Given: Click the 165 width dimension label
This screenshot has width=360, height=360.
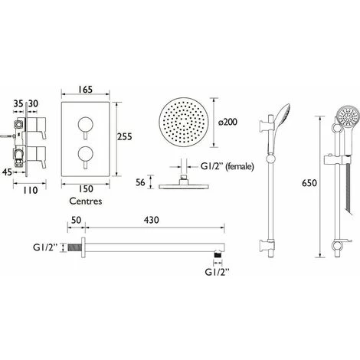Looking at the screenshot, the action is tap(85, 90).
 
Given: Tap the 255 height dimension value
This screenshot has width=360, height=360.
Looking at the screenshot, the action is tap(125, 136).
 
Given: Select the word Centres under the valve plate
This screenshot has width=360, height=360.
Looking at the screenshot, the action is tap(86, 201).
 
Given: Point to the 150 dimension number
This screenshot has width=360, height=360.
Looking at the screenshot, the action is tap(85, 189).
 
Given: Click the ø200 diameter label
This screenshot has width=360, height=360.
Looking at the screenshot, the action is tap(227, 122).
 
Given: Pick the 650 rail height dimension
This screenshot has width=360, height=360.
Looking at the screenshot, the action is tap(309, 183).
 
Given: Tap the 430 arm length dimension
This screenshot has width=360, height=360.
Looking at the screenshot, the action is tap(151, 220).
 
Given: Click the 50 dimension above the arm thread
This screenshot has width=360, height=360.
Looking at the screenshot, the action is tap(76, 220).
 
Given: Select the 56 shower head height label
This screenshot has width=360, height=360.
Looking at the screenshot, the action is tap(140, 182).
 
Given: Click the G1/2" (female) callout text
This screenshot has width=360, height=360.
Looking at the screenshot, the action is tap(227, 167).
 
